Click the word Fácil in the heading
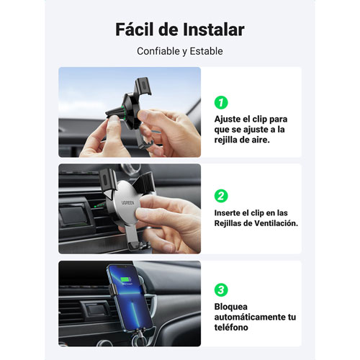[135, 30]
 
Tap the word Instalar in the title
[214, 30]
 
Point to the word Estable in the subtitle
[206, 51]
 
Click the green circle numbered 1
[221, 102]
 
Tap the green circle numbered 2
[221, 196]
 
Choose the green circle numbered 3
[221, 289]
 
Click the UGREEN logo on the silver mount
[128, 203]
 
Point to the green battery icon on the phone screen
[125, 279]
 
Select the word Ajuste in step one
[227, 120]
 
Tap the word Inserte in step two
[227, 213]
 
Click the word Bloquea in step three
[228, 307]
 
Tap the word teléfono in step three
[231, 328]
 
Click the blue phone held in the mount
[130, 297]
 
